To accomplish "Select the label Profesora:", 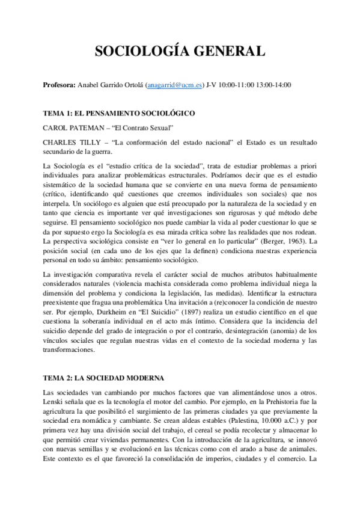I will [59, 85].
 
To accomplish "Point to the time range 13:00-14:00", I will [275, 85].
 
